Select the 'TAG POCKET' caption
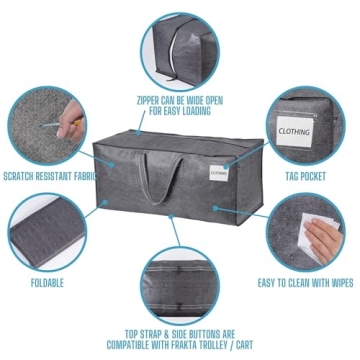[305, 177]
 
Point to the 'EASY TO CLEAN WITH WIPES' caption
[305, 283]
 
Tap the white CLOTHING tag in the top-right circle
[294, 131]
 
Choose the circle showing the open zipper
[180, 48]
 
